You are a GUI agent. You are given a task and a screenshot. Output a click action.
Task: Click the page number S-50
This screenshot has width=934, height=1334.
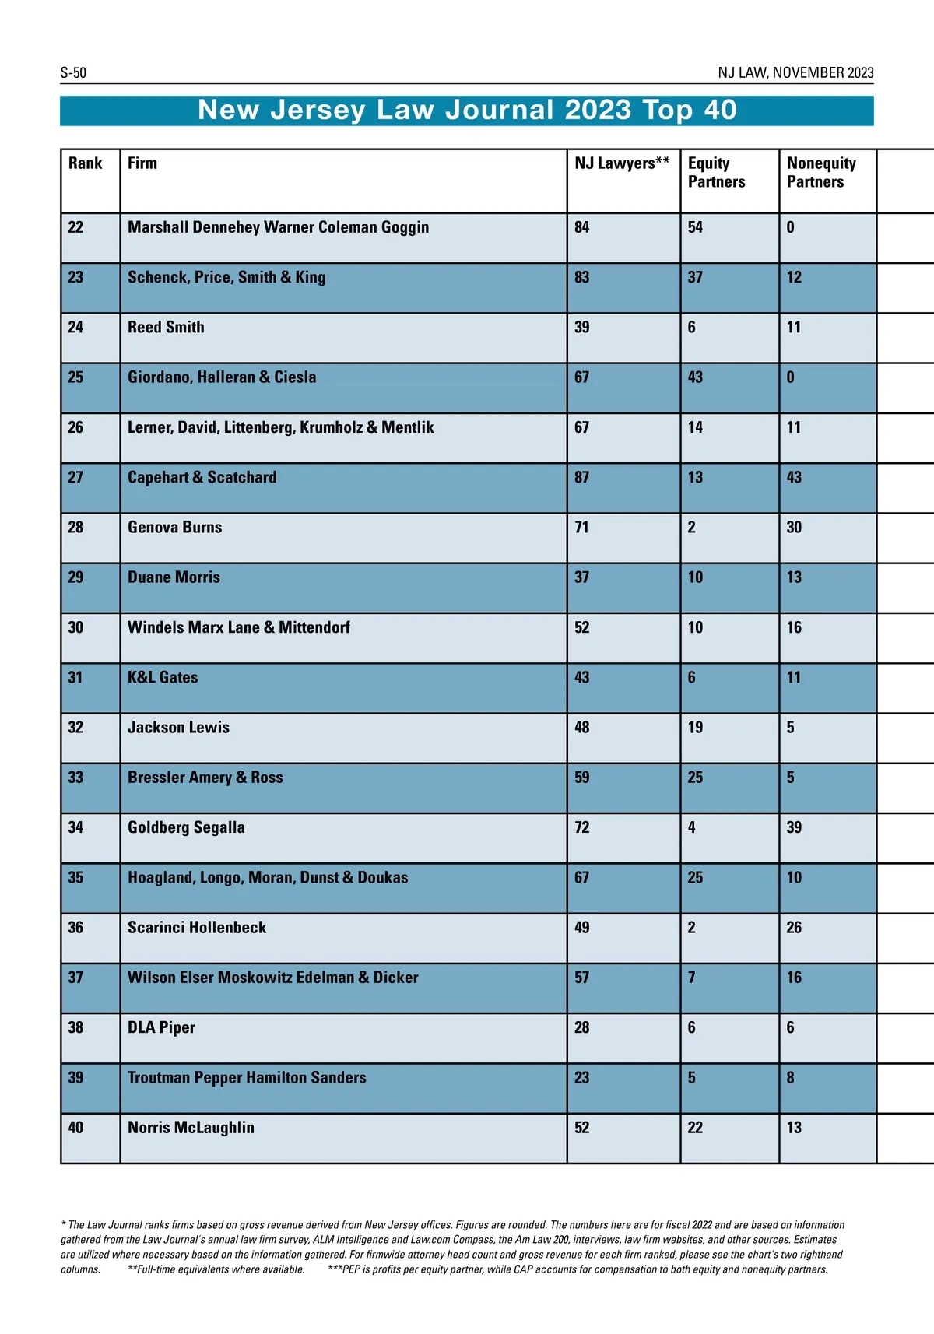pyautogui.click(x=73, y=73)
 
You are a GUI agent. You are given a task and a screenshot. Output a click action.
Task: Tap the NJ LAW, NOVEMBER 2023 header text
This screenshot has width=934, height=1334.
pyautogui.click(x=795, y=73)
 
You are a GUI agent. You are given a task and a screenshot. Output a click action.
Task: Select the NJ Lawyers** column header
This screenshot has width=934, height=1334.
pyautogui.click(x=622, y=163)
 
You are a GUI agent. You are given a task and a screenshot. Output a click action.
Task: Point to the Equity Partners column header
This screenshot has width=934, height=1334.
pyautogui.click(x=716, y=172)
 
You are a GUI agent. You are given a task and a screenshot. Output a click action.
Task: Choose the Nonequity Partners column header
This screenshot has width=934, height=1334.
pyautogui.click(x=821, y=172)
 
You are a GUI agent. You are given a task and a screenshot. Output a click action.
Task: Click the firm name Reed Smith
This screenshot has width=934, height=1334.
pyautogui.click(x=166, y=328)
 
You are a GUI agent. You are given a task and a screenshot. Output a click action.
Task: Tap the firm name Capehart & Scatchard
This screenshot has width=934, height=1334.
pyautogui.click(x=202, y=478)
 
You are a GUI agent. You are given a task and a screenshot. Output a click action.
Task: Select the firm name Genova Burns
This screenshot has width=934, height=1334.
pyautogui.click(x=174, y=528)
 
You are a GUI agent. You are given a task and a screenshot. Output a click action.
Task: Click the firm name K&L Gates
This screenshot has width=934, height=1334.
pyautogui.click(x=163, y=678)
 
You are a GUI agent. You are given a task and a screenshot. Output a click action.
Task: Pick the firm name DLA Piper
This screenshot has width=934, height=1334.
pyautogui.click(x=161, y=1028)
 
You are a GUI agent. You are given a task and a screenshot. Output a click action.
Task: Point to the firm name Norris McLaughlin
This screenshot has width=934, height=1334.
pyautogui.click(x=191, y=1128)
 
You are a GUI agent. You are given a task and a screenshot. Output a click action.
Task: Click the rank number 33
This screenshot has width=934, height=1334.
pyautogui.click(x=75, y=778)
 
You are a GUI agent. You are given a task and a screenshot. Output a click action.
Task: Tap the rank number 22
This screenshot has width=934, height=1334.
pyautogui.click(x=75, y=227)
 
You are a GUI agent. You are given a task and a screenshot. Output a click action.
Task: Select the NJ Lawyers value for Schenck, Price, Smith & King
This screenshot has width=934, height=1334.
pyautogui.click(x=581, y=278)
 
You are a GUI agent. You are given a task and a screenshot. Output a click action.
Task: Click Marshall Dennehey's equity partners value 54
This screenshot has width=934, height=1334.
pyautogui.click(x=695, y=227)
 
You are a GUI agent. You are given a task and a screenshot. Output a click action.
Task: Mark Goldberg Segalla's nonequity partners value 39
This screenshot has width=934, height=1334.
pyautogui.click(x=794, y=827)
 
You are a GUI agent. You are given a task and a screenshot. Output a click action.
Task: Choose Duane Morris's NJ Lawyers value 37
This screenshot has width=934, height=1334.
pyautogui.click(x=581, y=577)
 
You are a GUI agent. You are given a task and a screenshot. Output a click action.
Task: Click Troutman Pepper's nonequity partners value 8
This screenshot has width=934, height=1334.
pyautogui.click(x=790, y=1078)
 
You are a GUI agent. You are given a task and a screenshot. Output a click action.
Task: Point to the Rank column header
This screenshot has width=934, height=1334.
pyautogui.click(x=85, y=163)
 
